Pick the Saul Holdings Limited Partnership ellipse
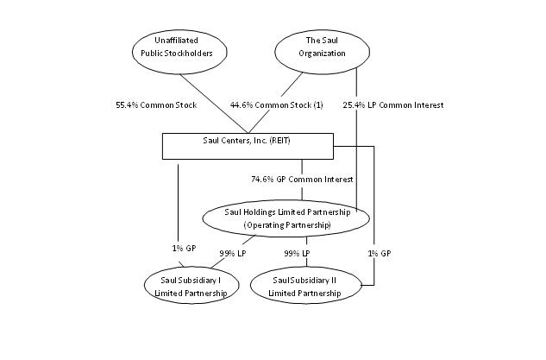tap(286, 218)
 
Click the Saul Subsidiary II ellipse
tap(305, 286)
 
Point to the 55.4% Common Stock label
tap(156, 105)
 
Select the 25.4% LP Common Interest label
tap(405, 105)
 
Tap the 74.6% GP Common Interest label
tap(301, 179)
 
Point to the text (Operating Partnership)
tap(286, 224)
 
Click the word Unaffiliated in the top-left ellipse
tap(177, 39)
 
